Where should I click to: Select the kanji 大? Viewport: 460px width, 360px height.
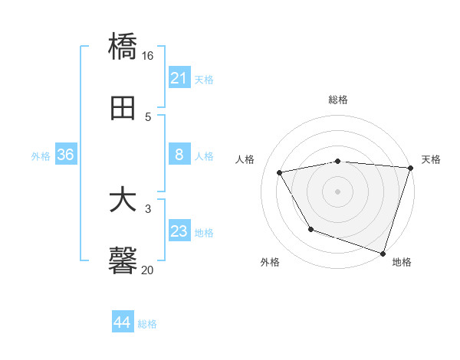[x=123, y=201]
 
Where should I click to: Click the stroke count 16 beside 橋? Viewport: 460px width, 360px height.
[x=148, y=56]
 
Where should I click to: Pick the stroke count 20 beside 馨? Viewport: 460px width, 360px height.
[x=148, y=269]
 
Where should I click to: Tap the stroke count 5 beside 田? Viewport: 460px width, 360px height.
[x=148, y=116]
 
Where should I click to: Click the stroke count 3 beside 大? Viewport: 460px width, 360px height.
[x=148, y=208]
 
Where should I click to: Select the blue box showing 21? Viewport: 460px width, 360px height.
[x=179, y=78]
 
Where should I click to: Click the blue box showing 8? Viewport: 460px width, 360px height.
[x=179, y=155]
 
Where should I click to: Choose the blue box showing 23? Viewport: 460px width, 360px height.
[x=179, y=231]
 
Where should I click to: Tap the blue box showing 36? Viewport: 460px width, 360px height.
[x=66, y=155]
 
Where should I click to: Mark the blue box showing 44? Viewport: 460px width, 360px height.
[x=123, y=322]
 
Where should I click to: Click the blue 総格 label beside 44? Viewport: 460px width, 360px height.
[x=147, y=324]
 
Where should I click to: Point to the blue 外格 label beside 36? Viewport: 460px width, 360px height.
[x=41, y=156]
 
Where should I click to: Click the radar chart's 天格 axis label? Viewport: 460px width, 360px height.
[x=431, y=159]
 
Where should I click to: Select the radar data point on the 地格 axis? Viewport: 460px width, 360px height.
[x=383, y=252]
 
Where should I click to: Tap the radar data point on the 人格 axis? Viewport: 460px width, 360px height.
[x=280, y=173]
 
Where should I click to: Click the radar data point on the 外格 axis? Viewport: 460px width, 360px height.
[x=310, y=229]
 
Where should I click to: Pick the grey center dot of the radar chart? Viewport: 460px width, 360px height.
[x=338, y=191]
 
